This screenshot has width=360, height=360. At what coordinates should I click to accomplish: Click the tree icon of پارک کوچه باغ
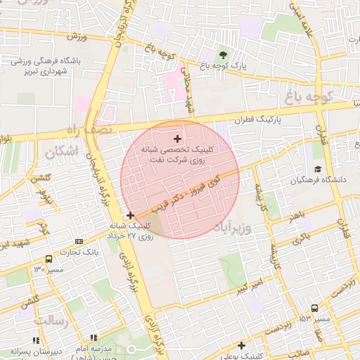click(223, 56)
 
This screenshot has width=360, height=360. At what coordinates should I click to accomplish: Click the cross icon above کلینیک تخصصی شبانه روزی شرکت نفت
click(176, 139)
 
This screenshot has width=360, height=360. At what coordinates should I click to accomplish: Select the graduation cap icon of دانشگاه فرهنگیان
click(318, 169)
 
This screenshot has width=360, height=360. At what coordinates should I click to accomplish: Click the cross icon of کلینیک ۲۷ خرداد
click(130, 214)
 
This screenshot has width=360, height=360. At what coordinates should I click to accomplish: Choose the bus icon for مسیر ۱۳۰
click(48, 259)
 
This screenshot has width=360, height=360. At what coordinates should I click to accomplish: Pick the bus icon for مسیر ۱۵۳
click(314, 308)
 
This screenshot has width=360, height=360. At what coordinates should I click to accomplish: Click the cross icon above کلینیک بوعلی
click(242, 345)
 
